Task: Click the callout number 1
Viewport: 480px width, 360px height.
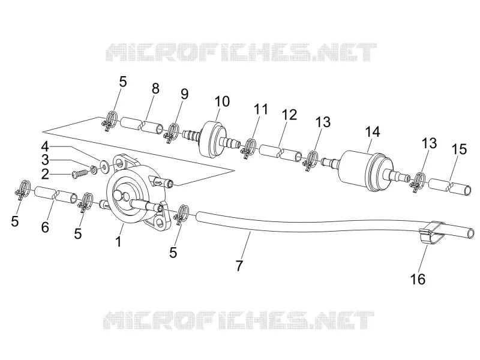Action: tap(118, 241)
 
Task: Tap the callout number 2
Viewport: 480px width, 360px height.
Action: tap(45, 174)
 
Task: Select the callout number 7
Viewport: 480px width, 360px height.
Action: tap(239, 265)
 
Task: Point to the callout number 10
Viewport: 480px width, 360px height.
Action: tap(222, 101)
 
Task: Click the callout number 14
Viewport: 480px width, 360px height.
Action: tap(373, 131)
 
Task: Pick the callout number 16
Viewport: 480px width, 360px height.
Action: tap(418, 279)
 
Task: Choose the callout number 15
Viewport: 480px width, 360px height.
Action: tap(459, 149)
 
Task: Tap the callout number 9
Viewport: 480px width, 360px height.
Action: tap(184, 94)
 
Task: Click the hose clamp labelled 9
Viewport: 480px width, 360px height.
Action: tap(172, 132)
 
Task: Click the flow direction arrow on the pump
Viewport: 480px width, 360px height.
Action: tap(159, 183)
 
